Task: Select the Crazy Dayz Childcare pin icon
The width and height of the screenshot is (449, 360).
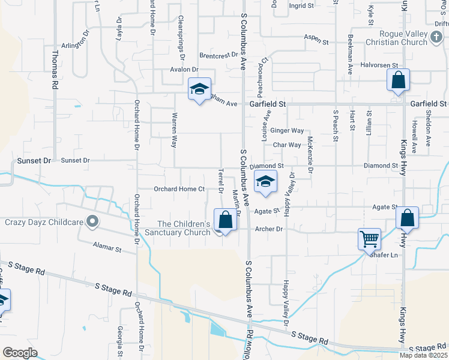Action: (x=92, y=222)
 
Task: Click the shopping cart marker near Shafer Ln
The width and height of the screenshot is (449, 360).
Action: (x=369, y=239)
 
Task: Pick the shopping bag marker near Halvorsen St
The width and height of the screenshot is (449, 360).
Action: (x=398, y=80)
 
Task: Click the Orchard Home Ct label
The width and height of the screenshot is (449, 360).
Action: (x=179, y=189)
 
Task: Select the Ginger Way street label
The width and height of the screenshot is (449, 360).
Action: (x=287, y=130)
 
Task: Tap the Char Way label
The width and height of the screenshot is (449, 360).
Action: (x=287, y=145)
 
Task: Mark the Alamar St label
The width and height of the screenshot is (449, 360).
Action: (x=107, y=247)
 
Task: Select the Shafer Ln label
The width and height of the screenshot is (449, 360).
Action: (x=384, y=254)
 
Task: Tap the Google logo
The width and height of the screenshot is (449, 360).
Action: (x=20, y=353)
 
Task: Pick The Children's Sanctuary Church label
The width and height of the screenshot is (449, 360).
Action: (x=184, y=228)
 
